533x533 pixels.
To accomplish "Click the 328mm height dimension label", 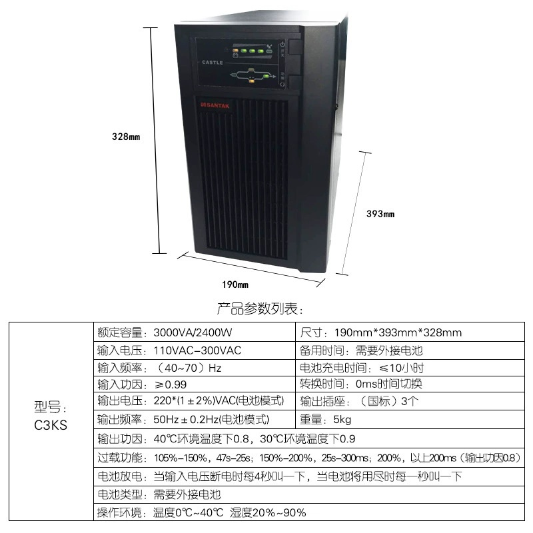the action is [126, 137].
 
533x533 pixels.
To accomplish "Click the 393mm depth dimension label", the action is [380, 214].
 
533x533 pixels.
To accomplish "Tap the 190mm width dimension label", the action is [235, 284].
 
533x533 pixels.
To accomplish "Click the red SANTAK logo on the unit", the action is [215, 105].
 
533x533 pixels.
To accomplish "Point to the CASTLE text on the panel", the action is [213, 63].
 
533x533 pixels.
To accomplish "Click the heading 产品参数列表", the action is [260, 308].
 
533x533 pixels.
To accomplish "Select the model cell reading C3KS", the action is [51, 416].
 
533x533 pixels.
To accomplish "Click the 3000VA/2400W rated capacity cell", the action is [195, 332].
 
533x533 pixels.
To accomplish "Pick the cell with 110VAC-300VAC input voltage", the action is [195, 350].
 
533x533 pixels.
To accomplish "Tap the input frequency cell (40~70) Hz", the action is [195, 368].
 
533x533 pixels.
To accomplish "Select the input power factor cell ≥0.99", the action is [195, 384].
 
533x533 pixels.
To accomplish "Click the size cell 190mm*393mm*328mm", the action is [410, 332].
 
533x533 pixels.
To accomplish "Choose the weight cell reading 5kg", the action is [410, 420].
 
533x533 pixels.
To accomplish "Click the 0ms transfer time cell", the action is [410, 384].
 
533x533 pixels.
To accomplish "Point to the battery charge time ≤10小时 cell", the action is [410, 368].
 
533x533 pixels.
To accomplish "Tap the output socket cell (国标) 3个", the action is [410, 401].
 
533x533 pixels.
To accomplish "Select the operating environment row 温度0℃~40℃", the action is [309, 512].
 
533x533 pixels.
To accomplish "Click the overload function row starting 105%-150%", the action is [309, 458].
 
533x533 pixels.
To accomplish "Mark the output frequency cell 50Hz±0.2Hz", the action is [195, 420].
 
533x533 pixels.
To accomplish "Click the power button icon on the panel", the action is [282, 45].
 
